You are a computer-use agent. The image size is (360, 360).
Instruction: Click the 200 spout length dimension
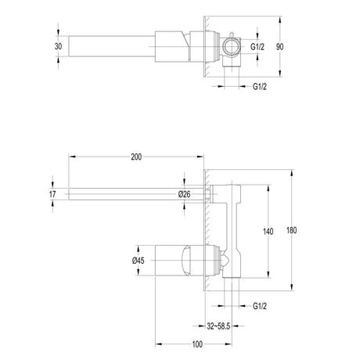click(x=136, y=157)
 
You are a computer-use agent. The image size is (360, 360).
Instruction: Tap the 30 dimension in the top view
click(x=59, y=46)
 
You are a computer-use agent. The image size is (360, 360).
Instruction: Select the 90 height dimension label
click(x=279, y=47)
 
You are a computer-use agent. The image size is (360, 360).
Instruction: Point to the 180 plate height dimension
click(x=291, y=230)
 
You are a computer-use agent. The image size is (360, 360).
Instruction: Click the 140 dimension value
click(x=268, y=232)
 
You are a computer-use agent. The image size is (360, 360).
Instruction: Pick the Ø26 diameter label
click(x=185, y=194)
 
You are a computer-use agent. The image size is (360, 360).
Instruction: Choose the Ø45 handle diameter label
click(x=138, y=261)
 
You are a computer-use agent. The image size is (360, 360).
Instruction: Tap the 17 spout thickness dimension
click(x=52, y=194)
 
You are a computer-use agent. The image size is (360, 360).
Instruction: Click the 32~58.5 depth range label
click(x=218, y=326)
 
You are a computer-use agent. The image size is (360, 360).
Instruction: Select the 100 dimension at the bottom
click(x=197, y=344)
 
